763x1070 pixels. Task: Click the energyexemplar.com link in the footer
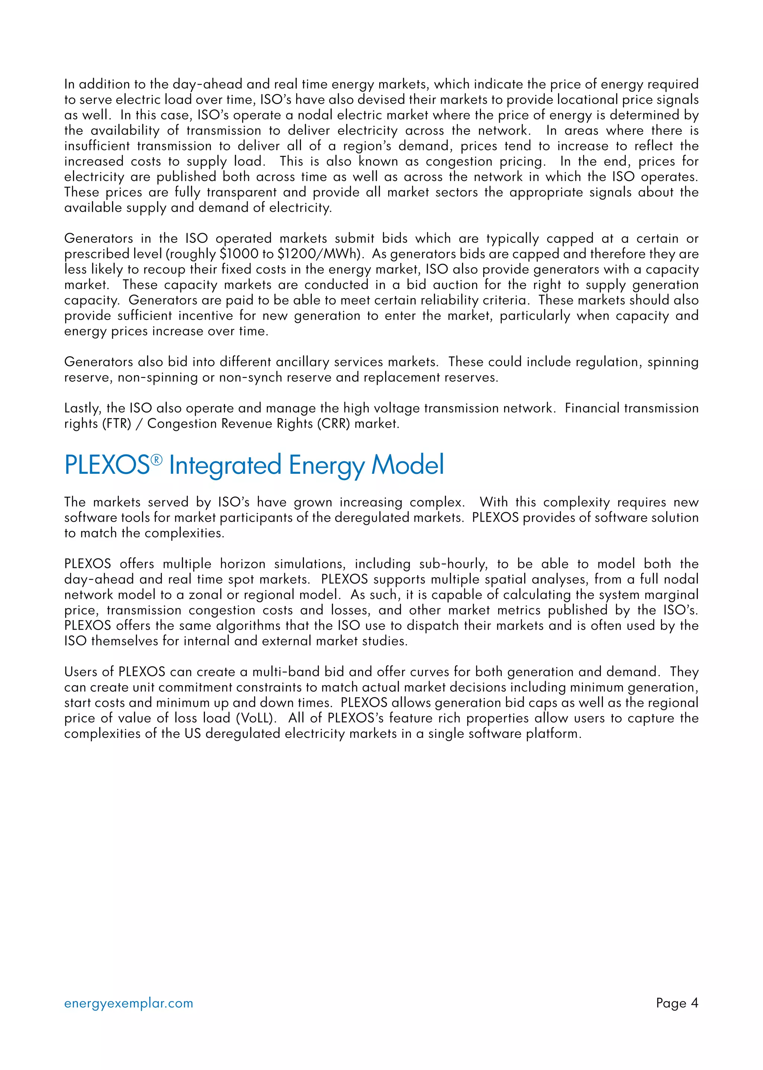[128, 1003]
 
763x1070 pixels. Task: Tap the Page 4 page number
[677, 1003]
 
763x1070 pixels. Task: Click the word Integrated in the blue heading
[225, 465]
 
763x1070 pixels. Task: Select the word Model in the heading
[407, 465]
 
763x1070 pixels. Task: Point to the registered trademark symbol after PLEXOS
[156, 459]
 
